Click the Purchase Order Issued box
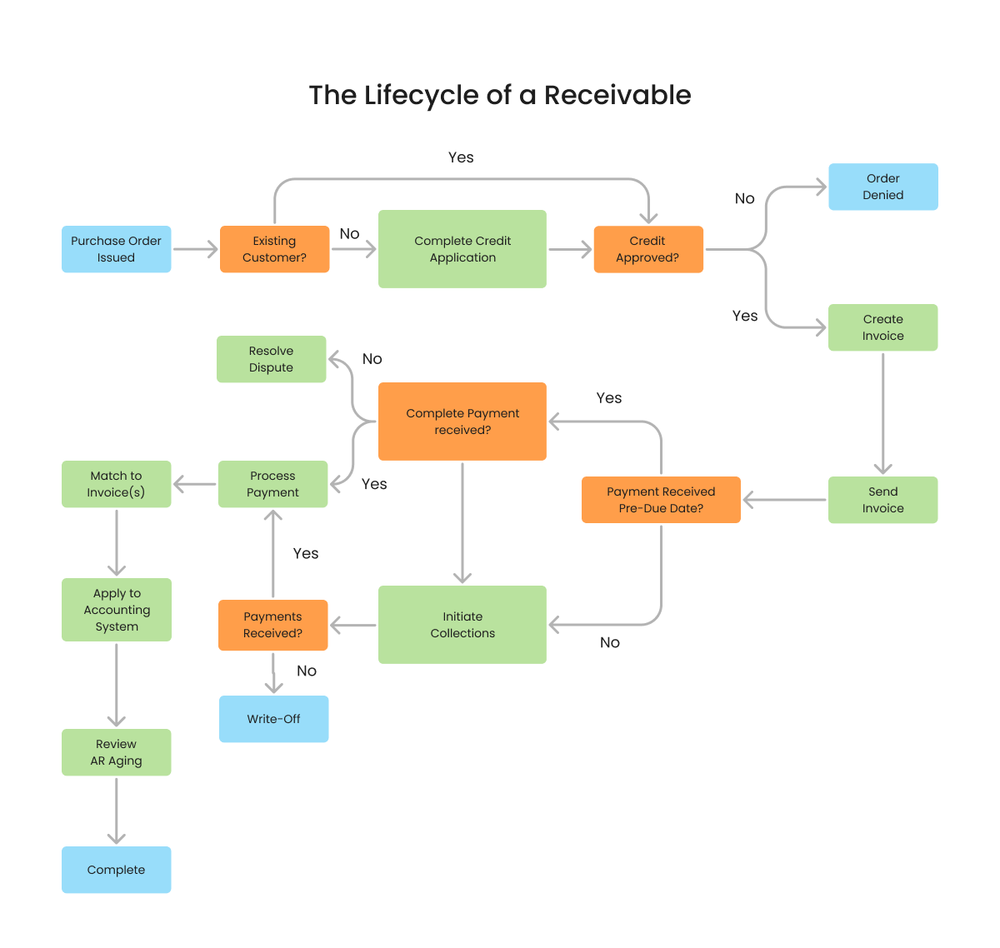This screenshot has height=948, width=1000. coord(116,249)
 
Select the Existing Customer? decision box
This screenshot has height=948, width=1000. coord(274,249)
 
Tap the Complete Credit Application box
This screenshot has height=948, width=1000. coord(462,249)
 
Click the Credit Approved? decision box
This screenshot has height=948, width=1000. coord(647,249)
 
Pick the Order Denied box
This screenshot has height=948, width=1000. coord(882,187)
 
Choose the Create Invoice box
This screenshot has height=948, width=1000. coord(882,327)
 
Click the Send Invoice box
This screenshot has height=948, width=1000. coord(882,500)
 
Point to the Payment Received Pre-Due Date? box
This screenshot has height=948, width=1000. coord(661,500)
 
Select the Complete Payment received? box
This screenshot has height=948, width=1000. coord(462,422)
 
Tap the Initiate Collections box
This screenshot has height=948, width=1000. coord(462,625)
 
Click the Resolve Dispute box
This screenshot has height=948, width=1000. coord(271,359)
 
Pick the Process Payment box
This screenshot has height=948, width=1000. coord(272,484)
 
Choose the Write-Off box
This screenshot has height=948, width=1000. coord(273,719)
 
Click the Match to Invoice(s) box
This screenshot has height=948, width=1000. coord(116,484)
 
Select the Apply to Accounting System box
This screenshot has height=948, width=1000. coord(116,610)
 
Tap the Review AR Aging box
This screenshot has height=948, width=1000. coord(116,752)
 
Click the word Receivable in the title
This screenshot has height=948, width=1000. coord(617,95)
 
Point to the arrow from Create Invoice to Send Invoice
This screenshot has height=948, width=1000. coord(882,412)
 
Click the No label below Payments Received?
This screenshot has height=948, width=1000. coord(307,671)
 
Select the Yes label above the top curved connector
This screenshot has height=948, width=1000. coord(461,157)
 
